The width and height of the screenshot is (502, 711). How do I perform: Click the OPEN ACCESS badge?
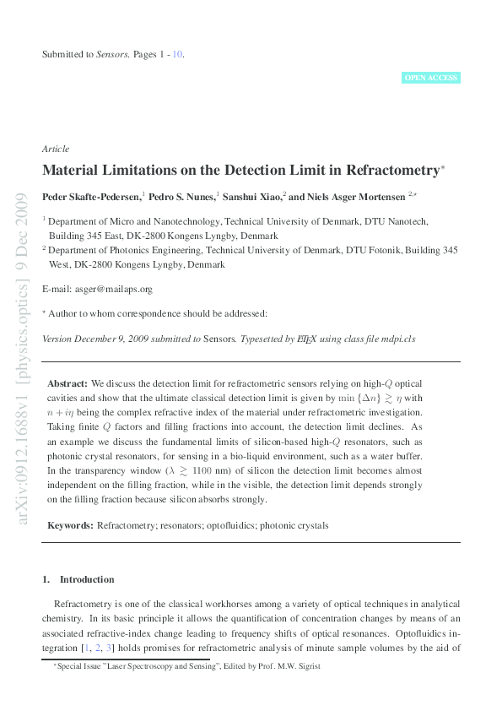click(431, 78)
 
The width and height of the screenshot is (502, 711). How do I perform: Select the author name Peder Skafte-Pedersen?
click(91, 196)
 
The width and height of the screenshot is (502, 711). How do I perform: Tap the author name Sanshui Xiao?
click(252, 196)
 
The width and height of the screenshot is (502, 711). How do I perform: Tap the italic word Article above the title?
click(56, 149)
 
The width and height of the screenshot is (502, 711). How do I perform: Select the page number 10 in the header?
click(177, 55)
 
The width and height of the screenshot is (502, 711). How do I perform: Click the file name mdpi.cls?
click(397, 339)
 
